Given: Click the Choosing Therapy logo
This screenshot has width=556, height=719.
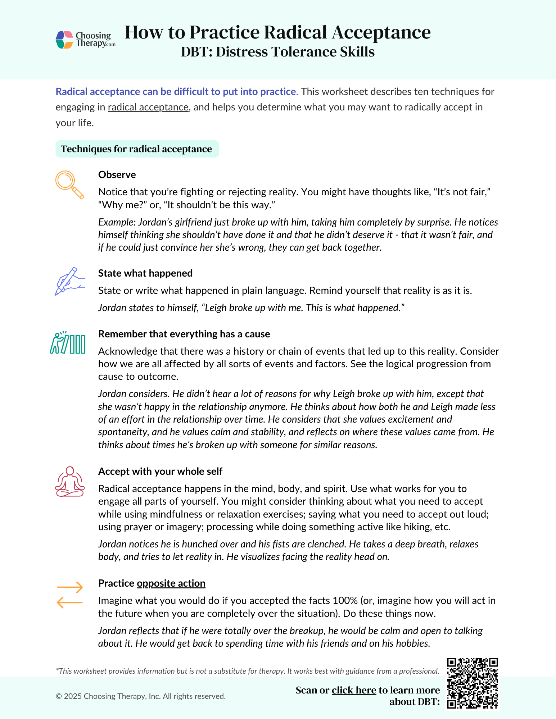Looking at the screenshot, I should (x=85, y=40).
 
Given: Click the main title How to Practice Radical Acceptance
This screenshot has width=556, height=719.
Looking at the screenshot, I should (x=277, y=32).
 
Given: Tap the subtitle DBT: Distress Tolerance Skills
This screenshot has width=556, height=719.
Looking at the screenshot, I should (x=277, y=52).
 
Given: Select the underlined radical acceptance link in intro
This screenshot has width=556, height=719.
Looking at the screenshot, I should (x=148, y=107).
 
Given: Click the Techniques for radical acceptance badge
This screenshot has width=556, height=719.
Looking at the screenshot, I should (x=137, y=149).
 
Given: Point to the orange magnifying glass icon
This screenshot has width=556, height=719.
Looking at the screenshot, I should (x=69, y=185).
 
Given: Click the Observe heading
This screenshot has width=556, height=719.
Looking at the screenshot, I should (x=117, y=175).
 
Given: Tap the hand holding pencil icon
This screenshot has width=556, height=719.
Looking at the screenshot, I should (x=69, y=282).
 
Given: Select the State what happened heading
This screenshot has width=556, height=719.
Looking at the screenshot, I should (x=145, y=273).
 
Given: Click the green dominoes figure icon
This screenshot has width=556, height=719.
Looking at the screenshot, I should (x=68, y=343).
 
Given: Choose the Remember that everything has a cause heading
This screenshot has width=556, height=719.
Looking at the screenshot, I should (x=184, y=334).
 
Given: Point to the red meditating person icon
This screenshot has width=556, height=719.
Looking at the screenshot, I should (x=69, y=482).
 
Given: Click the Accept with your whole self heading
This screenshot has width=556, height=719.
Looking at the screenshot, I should (x=160, y=472).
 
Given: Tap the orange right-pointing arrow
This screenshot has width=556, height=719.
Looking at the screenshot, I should (x=70, y=588).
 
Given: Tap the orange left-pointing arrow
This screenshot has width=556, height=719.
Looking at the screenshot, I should (x=70, y=602).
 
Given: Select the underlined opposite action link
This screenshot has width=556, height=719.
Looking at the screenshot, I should (x=171, y=583).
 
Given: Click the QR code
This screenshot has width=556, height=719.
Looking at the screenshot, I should (x=472, y=683).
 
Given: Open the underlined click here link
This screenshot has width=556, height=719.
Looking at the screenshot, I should (x=354, y=690).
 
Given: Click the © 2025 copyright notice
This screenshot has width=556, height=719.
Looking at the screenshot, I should (x=141, y=696).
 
